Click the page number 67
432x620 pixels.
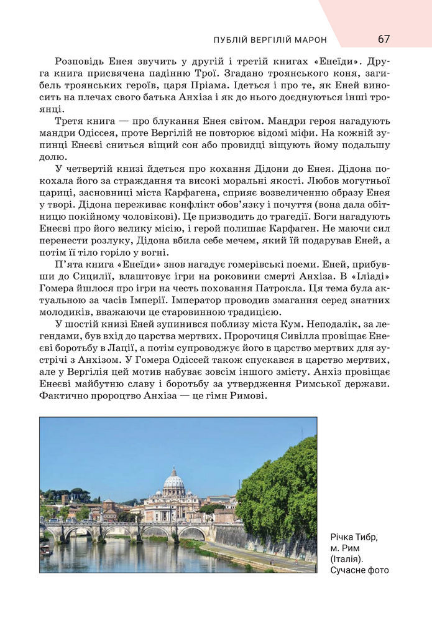click(384, 39)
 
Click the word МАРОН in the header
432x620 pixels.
click(307, 40)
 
